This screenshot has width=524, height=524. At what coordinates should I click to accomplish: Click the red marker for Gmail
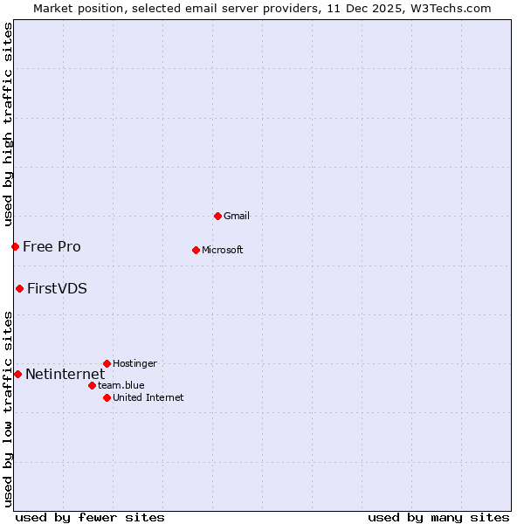(217, 216)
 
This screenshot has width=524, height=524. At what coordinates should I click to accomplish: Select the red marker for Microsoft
(196, 250)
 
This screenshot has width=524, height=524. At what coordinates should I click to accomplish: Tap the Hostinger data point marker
(107, 363)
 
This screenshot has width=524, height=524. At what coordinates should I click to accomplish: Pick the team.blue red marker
(92, 385)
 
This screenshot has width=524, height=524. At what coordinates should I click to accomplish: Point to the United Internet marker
(107, 397)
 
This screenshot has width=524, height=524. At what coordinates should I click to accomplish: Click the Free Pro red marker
(15, 246)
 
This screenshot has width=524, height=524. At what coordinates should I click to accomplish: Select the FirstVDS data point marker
(19, 288)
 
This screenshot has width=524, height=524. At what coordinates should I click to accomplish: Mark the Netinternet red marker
(17, 374)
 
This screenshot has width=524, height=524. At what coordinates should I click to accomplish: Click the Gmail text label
(237, 216)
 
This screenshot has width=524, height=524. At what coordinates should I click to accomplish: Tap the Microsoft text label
(223, 250)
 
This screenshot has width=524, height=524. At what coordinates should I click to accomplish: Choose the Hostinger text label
(134, 363)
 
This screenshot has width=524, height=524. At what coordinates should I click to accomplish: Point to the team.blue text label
(121, 385)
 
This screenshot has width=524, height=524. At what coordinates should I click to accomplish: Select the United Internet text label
(148, 397)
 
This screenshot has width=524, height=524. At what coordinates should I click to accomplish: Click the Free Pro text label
(52, 246)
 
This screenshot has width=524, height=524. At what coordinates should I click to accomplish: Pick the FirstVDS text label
(57, 288)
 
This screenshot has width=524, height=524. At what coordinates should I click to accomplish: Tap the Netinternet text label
(65, 374)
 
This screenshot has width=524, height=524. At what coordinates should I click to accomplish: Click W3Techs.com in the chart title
(449, 8)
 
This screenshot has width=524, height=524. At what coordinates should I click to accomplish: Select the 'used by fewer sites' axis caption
(90, 517)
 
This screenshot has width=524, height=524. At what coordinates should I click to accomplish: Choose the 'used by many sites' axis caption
(438, 517)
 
